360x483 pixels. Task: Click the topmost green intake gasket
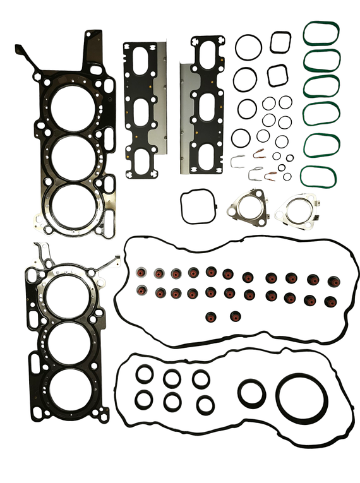[x=321, y=33]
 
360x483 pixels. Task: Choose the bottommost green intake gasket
[x=318, y=176]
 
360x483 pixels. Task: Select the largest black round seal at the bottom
[x=302, y=398]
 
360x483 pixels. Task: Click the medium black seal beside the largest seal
[x=251, y=393]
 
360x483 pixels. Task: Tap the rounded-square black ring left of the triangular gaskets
[x=198, y=207]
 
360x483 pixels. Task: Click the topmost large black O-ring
[x=248, y=47]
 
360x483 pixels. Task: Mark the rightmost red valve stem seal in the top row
[x=331, y=278]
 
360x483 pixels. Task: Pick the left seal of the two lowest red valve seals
[x=211, y=316]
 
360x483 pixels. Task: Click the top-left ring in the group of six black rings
[x=145, y=374]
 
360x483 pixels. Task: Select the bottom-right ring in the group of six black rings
[x=205, y=404]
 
